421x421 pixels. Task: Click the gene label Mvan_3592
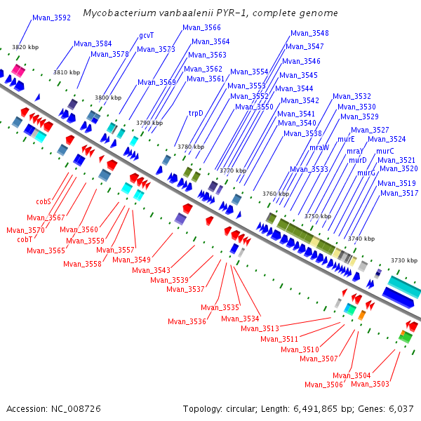click(51, 18)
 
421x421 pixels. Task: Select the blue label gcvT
click(146, 34)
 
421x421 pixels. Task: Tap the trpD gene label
click(196, 112)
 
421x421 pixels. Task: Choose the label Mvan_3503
click(370, 384)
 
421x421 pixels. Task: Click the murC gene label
click(385, 151)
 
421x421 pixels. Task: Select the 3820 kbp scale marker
click(25, 46)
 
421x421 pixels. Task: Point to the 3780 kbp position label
click(191, 147)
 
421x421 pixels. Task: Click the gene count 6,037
click(400, 408)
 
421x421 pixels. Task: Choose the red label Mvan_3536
click(187, 321)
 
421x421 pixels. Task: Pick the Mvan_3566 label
click(201, 27)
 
